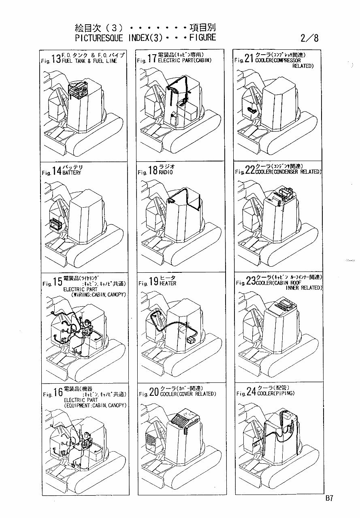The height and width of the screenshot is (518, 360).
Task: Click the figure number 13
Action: click(x=56, y=59)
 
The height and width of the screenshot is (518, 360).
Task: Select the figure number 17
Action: click(x=152, y=59)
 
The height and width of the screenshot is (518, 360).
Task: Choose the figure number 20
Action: click(x=154, y=393)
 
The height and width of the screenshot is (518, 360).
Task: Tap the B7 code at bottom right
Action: click(x=328, y=498)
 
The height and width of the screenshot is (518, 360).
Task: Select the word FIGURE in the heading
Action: click(x=201, y=38)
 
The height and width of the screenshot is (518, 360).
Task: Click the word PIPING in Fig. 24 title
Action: click(x=283, y=393)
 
